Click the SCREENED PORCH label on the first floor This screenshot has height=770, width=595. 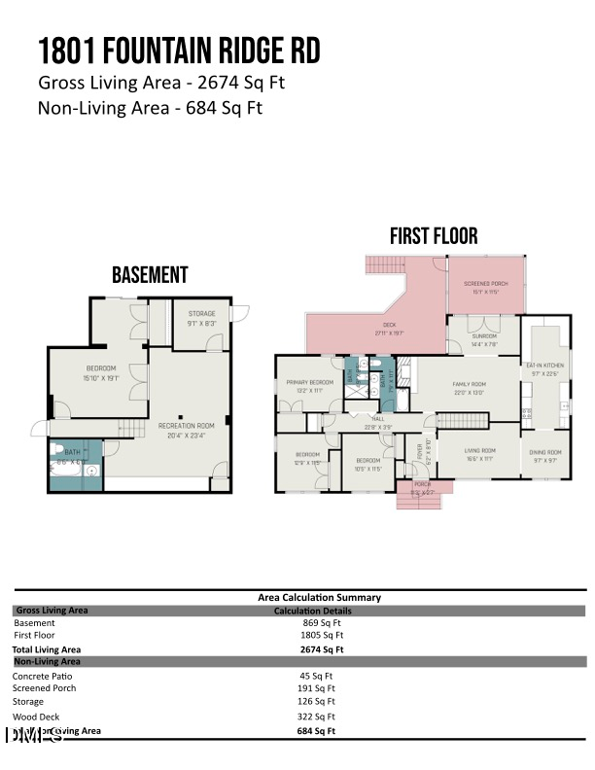485,284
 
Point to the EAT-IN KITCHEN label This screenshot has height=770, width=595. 544,365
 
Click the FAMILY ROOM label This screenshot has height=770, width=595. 468,384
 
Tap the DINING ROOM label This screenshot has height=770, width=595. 545,452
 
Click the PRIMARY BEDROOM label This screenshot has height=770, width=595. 309,382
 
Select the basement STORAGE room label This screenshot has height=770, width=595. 201,313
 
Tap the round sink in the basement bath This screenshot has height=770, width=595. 90,472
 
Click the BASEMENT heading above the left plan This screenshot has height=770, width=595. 150,275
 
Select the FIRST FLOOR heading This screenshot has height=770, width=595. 434,236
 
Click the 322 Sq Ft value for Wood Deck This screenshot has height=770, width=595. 317,716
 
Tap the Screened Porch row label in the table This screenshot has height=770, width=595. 44,688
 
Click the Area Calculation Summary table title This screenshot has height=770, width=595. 319,597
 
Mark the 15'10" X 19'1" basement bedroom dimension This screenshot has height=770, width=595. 100,378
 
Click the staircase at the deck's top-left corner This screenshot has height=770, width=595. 382,264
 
